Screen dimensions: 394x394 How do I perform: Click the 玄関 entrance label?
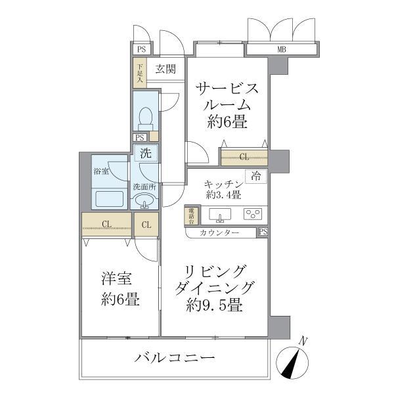pyautogui.click(x=165, y=68)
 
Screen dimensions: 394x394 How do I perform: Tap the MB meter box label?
pyautogui.click(x=282, y=49)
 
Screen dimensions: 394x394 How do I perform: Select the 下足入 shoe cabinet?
pyautogui.click(x=139, y=72)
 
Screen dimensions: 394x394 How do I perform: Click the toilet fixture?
pyautogui.click(x=145, y=118)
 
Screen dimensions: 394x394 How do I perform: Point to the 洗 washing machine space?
pyautogui.click(x=145, y=153)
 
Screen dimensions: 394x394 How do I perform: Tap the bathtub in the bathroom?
pyautogui.click(x=110, y=198)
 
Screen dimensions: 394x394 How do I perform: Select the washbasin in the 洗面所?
pyautogui.click(x=145, y=201)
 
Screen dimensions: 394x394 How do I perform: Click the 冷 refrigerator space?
pyautogui.click(x=256, y=176)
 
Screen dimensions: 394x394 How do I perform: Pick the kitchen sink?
pyautogui.click(x=219, y=215)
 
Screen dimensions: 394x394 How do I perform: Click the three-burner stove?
pyautogui.click(x=252, y=214)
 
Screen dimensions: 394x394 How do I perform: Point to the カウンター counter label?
pyautogui.click(x=221, y=232)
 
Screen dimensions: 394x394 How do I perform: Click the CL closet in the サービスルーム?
pyautogui.click(x=244, y=157)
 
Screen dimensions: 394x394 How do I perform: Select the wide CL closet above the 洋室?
pyautogui.click(x=106, y=225)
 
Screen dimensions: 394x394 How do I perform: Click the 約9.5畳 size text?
pyautogui.click(x=215, y=305)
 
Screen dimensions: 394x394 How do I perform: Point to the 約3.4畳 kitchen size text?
pyautogui.click(x=223, y=195)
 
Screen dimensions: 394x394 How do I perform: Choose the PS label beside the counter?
pyautogui.click(x=263, y=232)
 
